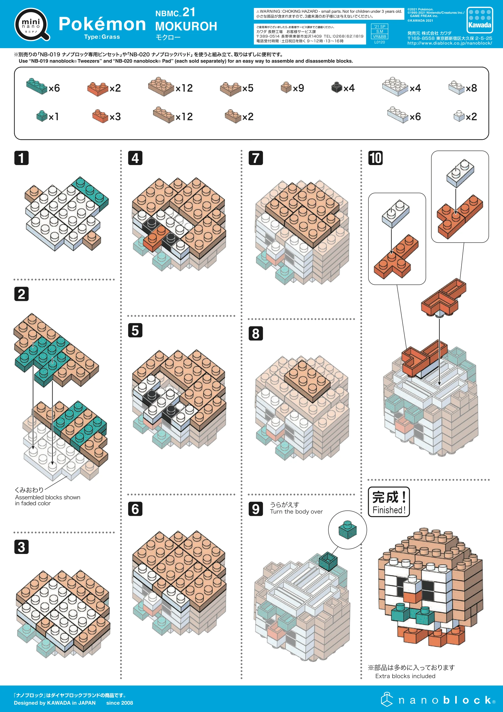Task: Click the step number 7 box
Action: [x=255, y=158]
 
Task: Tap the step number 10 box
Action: [x=375, y=158]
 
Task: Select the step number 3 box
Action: [x=21, y=546]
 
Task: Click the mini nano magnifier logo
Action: [x=32, y=24]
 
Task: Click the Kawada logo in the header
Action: [x=480, y=20]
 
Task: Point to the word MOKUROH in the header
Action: [x=186, y=26]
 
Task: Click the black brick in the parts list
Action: [x=336, y=87]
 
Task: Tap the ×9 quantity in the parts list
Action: [x=298, y=88]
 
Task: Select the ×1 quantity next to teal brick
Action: [x=54, y=117]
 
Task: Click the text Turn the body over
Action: [x=296, y=511]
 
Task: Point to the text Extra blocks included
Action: [x=405, y=676]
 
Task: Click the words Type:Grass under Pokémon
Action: [x=102, y=37]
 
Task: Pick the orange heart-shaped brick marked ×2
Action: [x=98, y=89]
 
